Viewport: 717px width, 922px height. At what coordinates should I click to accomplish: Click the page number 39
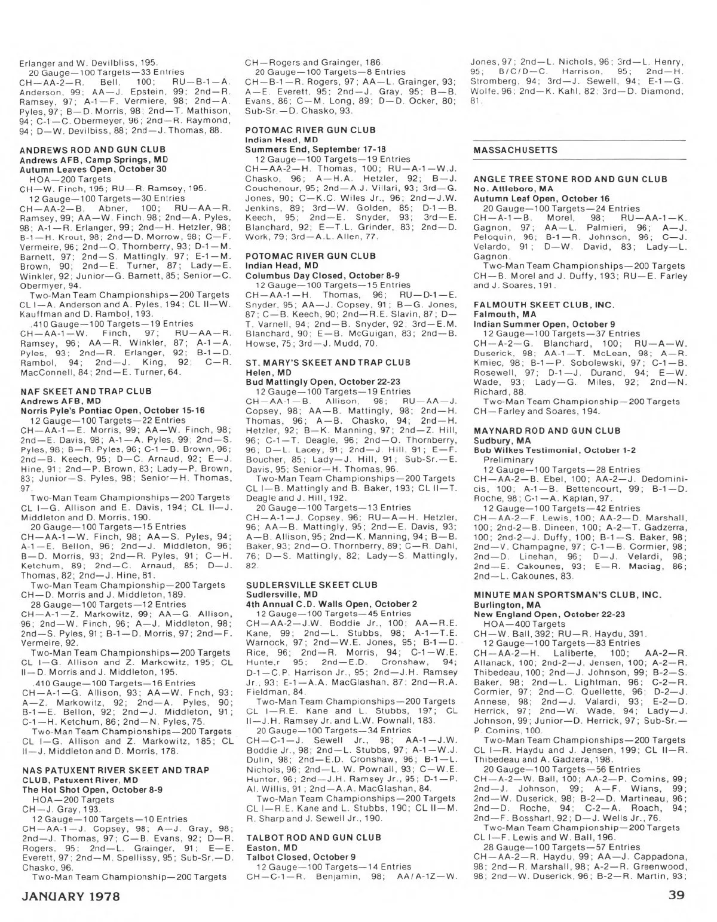[676, 896]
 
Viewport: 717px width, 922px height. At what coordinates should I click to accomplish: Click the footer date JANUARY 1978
[71, 896]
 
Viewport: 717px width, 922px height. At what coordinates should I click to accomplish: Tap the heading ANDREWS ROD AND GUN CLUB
[93, 149]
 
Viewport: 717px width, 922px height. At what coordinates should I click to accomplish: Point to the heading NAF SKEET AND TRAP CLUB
[86, 391]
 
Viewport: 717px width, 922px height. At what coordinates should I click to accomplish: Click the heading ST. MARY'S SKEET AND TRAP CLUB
[328, 363]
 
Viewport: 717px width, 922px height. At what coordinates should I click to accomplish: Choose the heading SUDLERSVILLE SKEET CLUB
[312, 585]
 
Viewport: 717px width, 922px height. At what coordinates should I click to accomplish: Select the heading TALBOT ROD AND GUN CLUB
[314, 838]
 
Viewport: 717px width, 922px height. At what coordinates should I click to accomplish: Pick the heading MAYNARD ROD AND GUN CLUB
[547, 431]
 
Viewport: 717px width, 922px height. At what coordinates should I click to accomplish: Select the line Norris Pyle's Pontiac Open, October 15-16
[112, 411]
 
